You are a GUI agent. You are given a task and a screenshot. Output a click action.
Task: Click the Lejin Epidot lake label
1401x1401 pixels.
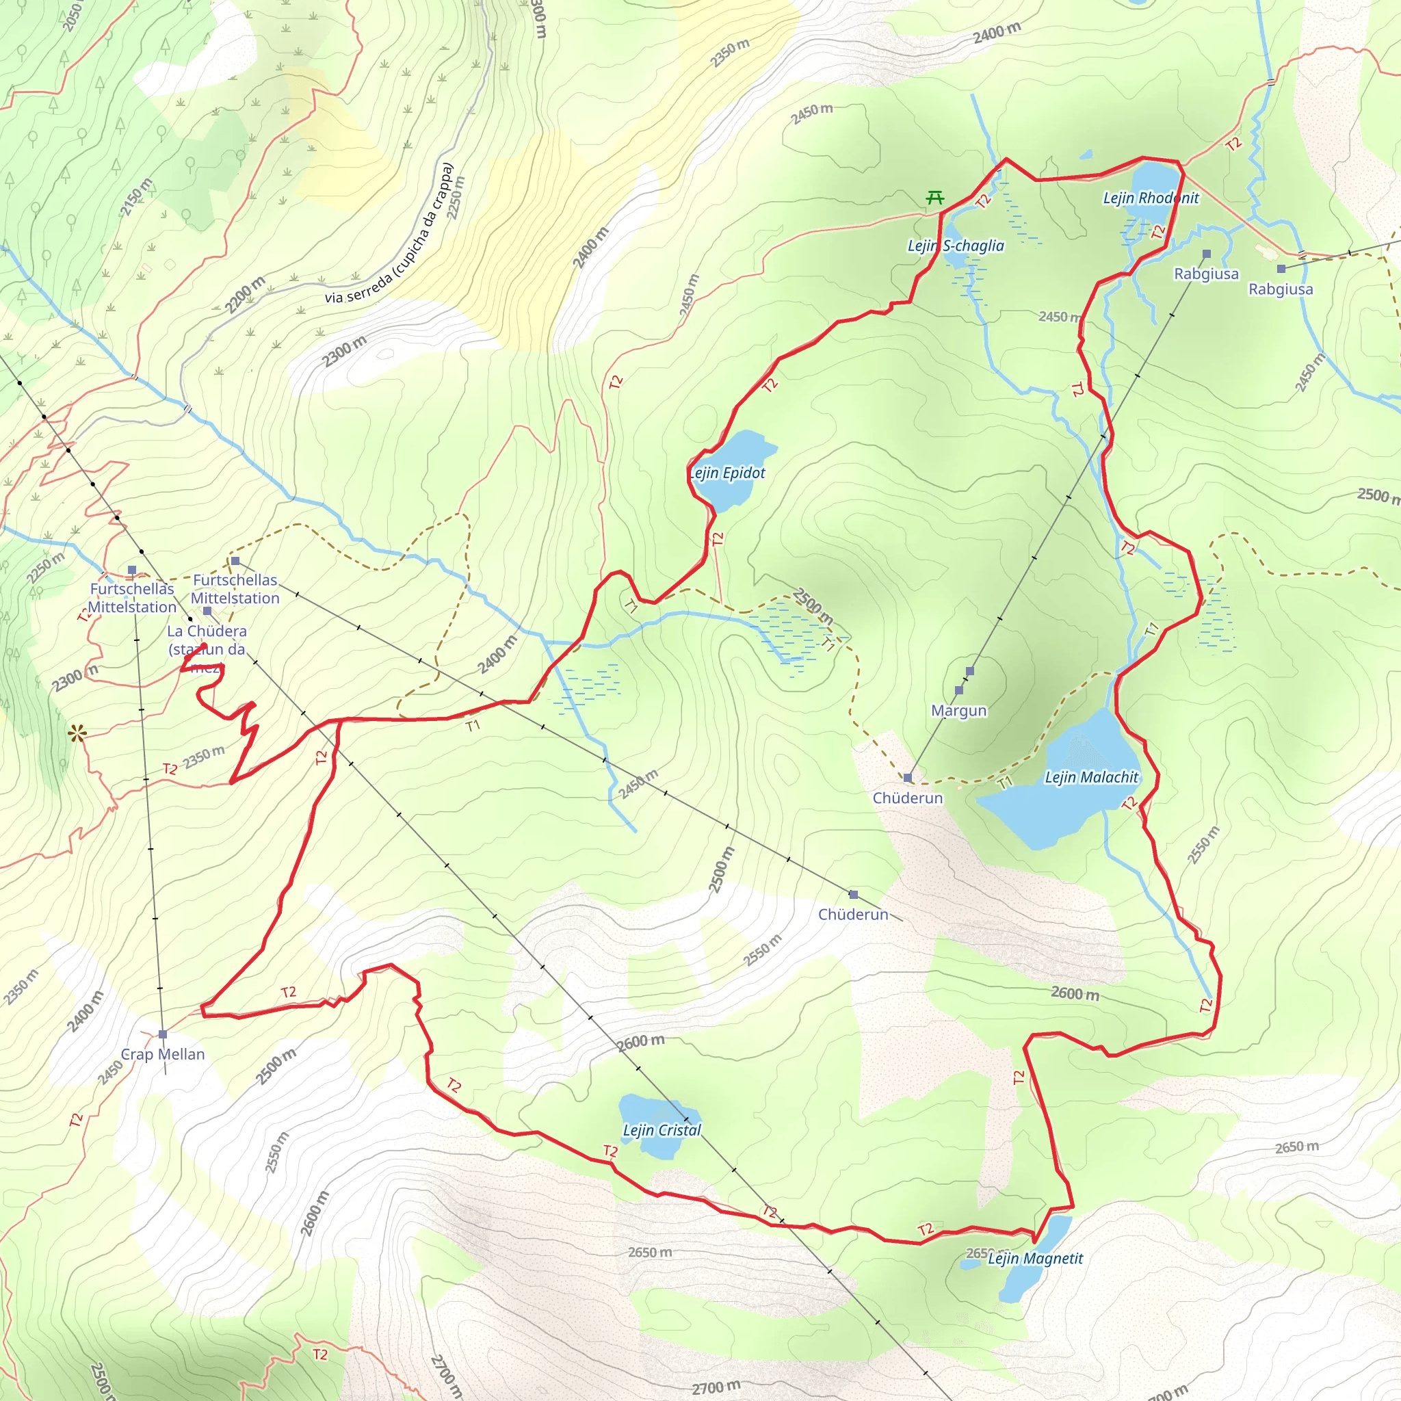tap(727, 473)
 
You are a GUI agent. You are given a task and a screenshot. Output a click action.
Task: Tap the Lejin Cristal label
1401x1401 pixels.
tap(662, 1130)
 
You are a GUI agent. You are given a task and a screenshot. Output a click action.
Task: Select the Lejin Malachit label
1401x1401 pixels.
tap(1091, 776)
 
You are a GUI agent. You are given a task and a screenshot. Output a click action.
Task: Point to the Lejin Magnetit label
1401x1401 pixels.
tap(1035, 1258)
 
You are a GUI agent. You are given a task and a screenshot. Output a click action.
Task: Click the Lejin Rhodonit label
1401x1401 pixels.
tap(1151, 198)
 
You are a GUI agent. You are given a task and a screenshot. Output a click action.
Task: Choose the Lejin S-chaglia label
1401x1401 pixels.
tap(956, 245)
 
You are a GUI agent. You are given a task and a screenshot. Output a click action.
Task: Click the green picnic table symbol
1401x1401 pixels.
tap(934, 196)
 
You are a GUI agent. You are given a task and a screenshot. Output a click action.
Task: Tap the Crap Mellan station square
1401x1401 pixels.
tap(162, 1034)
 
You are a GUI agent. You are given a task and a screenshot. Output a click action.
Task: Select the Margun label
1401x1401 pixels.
tap(958, 710)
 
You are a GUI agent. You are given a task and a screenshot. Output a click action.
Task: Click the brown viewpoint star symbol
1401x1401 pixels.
tap(77, 734)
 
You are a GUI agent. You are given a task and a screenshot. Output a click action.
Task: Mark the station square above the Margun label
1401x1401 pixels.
tap(969, 671)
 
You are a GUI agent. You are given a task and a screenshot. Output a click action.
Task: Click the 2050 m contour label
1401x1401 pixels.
tap(73, 14)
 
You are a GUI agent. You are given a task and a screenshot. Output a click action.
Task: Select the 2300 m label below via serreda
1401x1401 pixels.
tap(345, 352)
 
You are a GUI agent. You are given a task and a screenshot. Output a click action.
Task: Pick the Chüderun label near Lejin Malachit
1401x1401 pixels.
tap(907, 798)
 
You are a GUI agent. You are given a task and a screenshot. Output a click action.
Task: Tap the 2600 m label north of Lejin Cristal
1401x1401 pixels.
tap(641, 1042)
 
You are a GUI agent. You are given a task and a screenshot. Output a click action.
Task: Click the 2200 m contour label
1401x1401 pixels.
tap(245, 294)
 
